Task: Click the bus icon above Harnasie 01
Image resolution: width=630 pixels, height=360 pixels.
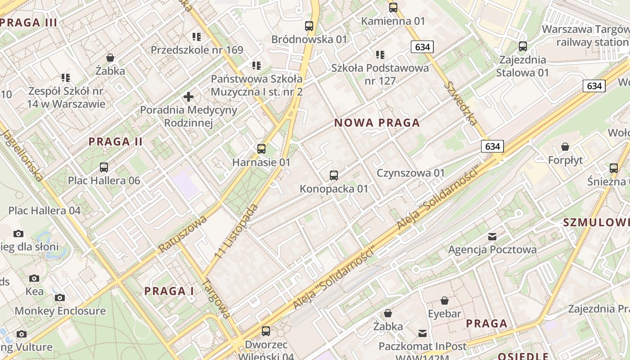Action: (x=261, y=149)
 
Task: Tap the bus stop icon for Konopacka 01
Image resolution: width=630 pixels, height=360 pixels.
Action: (x=333, y=175)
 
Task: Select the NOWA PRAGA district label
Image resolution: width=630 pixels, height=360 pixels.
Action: (x=377, y=123)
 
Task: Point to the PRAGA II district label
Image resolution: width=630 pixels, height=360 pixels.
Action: (x=116, y=142)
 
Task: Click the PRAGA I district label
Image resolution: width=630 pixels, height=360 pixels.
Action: (x=169, y=291)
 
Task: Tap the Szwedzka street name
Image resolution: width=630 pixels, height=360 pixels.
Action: (x=460, y=103)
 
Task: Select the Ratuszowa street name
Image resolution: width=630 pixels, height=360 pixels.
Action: (x=182, y=234)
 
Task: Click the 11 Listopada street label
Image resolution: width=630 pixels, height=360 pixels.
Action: (x=237, y=231)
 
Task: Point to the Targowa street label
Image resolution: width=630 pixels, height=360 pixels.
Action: (x=217, y=298)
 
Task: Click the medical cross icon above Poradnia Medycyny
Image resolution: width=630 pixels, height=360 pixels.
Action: (x=189, y=97)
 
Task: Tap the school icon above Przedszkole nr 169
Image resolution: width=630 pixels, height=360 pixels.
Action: (x=197, y=36)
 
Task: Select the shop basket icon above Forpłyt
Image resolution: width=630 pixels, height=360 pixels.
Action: (x=565, y=147)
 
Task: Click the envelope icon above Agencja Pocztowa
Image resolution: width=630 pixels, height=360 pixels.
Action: (x=492, y=236)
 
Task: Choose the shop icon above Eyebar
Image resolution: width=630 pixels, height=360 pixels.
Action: (x=445, y=301)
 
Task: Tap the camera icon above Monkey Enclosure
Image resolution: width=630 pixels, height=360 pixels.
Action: (x=60, y=297)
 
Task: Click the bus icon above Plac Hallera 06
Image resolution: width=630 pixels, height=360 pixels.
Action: (x=104, y=167)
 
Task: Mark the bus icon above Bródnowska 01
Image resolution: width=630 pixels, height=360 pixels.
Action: (x=309, y=26)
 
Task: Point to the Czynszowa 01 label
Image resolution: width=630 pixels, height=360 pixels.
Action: (x=410, y=173)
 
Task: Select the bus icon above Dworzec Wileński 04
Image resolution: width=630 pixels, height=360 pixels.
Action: (x=266, y=331)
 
